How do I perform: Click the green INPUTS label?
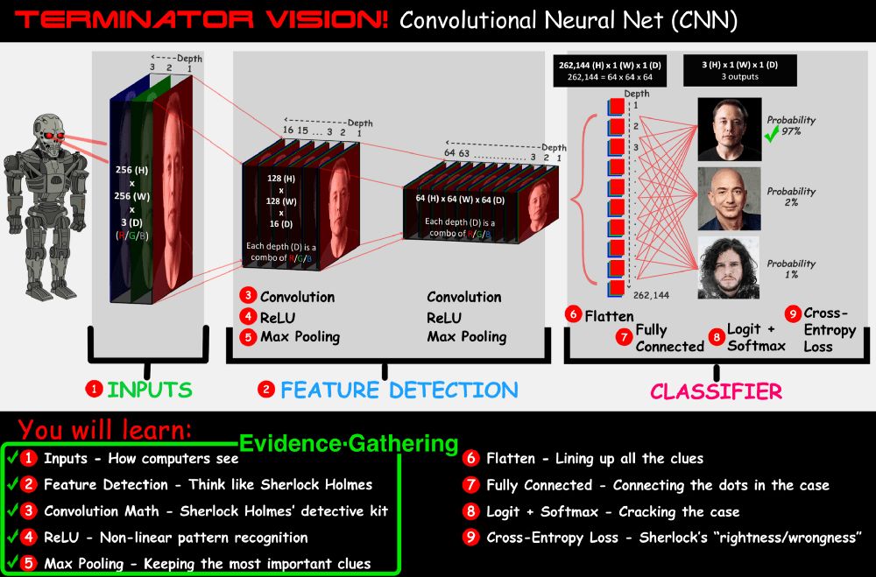(148, 389)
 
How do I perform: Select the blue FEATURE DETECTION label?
(399, 389)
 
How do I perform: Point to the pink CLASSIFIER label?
(716, 391)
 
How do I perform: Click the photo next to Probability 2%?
(729, 199)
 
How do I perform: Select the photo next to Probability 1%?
(729, 268)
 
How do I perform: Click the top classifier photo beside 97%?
(729, 129)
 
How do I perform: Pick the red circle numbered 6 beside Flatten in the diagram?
(573, 314)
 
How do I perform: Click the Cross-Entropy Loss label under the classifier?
(829, 329)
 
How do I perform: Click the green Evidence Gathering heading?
(349, 444)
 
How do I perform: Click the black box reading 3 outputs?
(740, 70)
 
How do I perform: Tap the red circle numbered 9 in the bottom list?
(471, 538)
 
